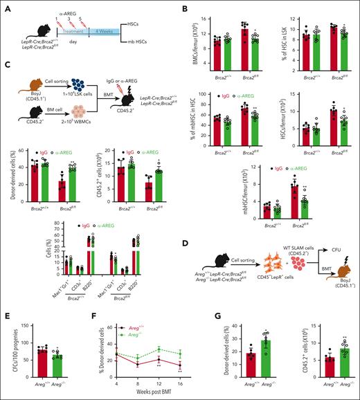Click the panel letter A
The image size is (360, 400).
pos(5,6)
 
